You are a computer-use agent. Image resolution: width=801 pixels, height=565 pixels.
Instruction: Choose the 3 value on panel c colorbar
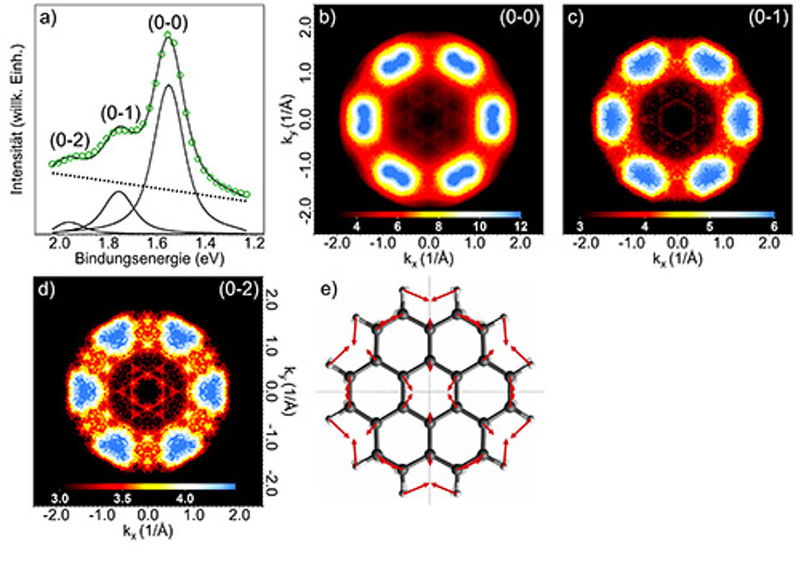(x=582, y=225)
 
